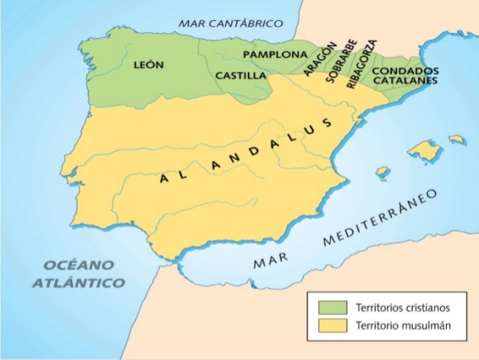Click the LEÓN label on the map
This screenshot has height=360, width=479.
(148, 65)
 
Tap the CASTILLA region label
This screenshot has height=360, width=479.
(240, 76)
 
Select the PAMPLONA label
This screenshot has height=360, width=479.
(275, 55)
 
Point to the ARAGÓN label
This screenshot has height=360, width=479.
(317, 58)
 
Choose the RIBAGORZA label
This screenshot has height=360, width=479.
(362, 64)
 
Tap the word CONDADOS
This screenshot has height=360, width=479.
(406, 70)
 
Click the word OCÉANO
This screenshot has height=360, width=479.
(78, 265)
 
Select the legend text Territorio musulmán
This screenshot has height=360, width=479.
(395, 325)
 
